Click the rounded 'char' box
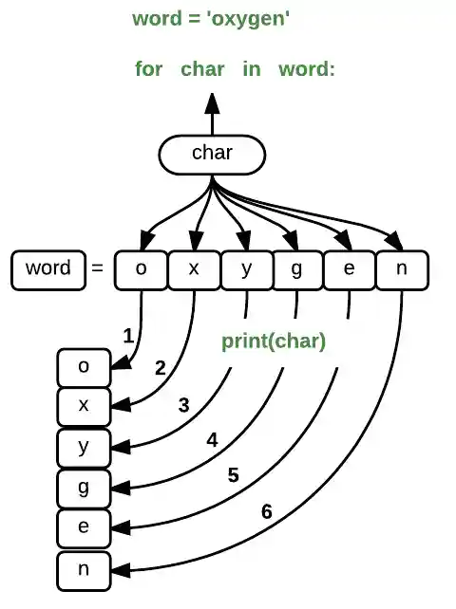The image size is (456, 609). point(211,154)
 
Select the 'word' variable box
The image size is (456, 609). point(47,268)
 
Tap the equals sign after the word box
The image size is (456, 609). point(96,269)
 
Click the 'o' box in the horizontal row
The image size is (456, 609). point(141,269)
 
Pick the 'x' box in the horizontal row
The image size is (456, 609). point(194,269)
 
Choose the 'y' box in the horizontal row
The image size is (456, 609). point(246,269)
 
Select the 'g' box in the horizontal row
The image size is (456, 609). point(297,269)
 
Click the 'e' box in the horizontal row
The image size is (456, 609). point(350,269)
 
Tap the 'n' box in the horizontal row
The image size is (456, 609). point(402,269)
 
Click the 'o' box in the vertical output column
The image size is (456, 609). point(84,365)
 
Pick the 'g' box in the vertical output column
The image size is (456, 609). point(84,487)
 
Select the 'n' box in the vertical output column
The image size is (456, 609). point(84,568)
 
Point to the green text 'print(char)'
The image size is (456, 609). point(274,341)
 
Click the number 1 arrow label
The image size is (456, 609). point(127,335)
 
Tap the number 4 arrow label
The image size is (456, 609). point(212,440)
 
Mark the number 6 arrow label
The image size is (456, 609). point(267,512)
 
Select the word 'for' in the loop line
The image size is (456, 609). point(148,69)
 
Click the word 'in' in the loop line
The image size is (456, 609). point(251,69)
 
